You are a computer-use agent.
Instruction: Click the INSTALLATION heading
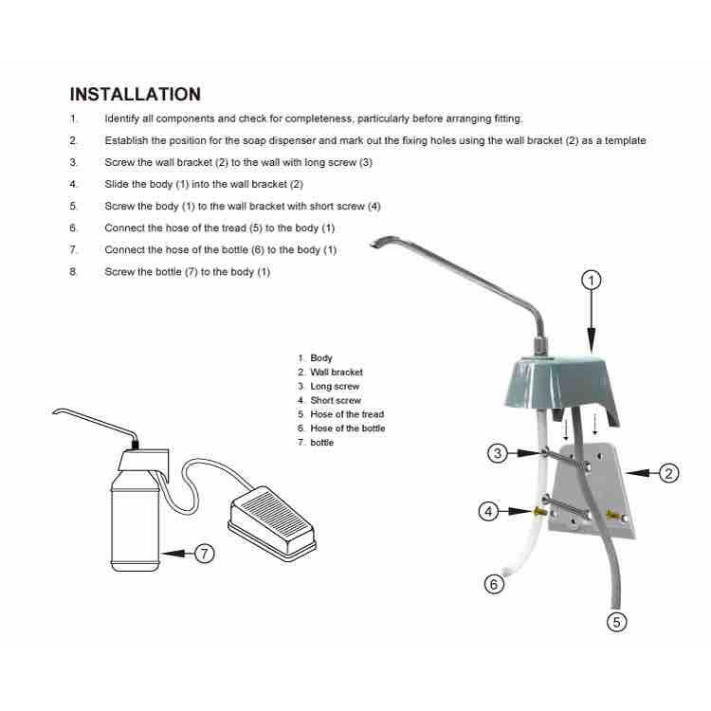pos(136,94)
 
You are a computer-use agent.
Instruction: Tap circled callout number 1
pos(591,281)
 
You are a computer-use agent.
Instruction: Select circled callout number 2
pos(668,474)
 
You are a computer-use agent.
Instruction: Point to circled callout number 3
pos(498,453)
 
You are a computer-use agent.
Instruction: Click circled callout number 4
pos(488,512)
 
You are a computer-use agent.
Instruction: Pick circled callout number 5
pos(617,622)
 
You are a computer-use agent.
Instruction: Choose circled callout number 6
pos(494,584)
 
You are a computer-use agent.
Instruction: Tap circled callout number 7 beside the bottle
pos(204,554)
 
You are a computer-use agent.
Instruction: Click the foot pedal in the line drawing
pos(272,523)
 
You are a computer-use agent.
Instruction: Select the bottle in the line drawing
pos(135,521)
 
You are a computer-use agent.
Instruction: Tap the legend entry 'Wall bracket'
pos(337,373)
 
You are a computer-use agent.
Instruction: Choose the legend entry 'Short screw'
pos(336,400)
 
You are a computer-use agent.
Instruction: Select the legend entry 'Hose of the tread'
pos(347,414)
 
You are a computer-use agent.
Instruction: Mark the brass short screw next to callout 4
pos(539,512)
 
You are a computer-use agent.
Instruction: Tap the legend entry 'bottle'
pos(322,443)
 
